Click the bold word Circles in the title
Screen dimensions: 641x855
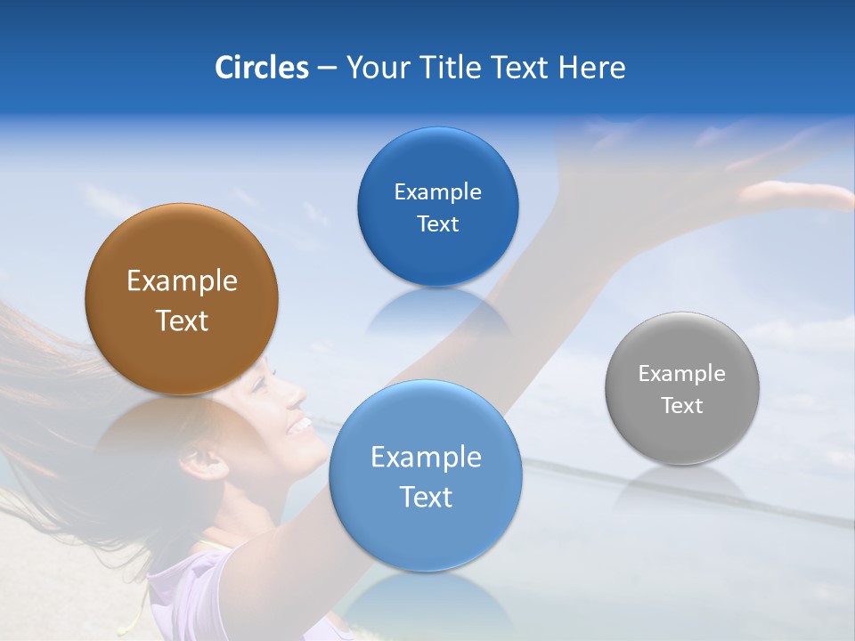tap(261, 68)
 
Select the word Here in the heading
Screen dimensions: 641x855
tap(592, 68)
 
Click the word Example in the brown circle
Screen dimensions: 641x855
tap(182, 281)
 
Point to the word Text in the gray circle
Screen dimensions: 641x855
tap(682, 406)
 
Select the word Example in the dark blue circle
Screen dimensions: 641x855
tap(437, 192)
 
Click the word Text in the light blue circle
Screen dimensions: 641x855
tap(426, 497)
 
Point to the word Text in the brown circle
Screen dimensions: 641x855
tap(182, 320)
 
